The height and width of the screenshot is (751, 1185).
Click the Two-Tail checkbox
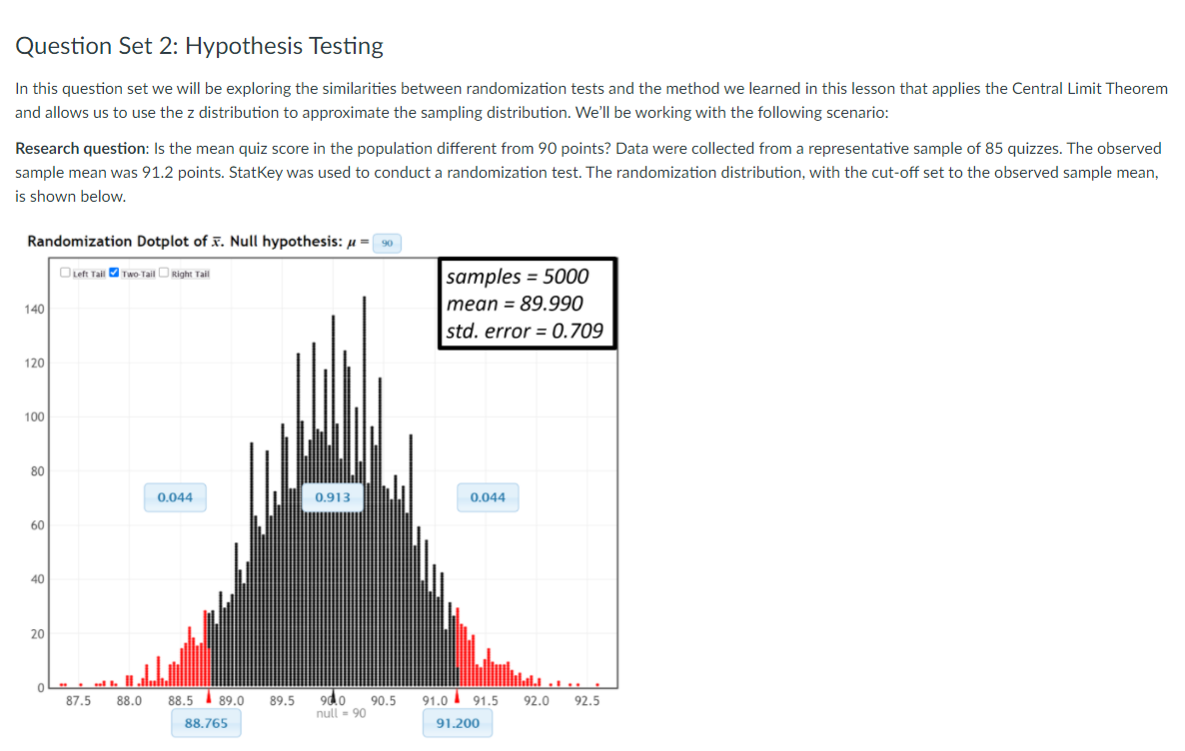(x=114, y=274)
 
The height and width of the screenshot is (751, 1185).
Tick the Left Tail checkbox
(x=65, y=274)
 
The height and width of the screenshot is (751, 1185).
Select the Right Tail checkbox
(x=165, y=274)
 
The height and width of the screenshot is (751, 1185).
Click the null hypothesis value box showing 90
(x=388, y=243)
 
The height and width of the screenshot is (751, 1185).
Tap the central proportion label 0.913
(x=332, y=497)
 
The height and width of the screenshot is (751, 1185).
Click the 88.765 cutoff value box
(x=206, y=723)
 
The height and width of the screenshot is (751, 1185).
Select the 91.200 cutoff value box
(x=458, y=723)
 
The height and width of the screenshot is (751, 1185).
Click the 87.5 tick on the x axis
(x=78, y=701)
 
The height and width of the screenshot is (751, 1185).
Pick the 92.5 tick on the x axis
(x=588, y=701)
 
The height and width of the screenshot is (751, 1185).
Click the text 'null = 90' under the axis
(x=341, y=713)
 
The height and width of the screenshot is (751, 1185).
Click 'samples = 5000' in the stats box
(x=518, y=277)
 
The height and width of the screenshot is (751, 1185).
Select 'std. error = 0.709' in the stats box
(x=525, y=331)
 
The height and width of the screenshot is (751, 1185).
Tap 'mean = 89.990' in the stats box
(x=515, y=304)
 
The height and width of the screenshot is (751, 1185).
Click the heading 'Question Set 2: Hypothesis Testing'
(x=200, y=46)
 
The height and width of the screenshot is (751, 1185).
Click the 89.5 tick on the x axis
(x=282, y=701)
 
